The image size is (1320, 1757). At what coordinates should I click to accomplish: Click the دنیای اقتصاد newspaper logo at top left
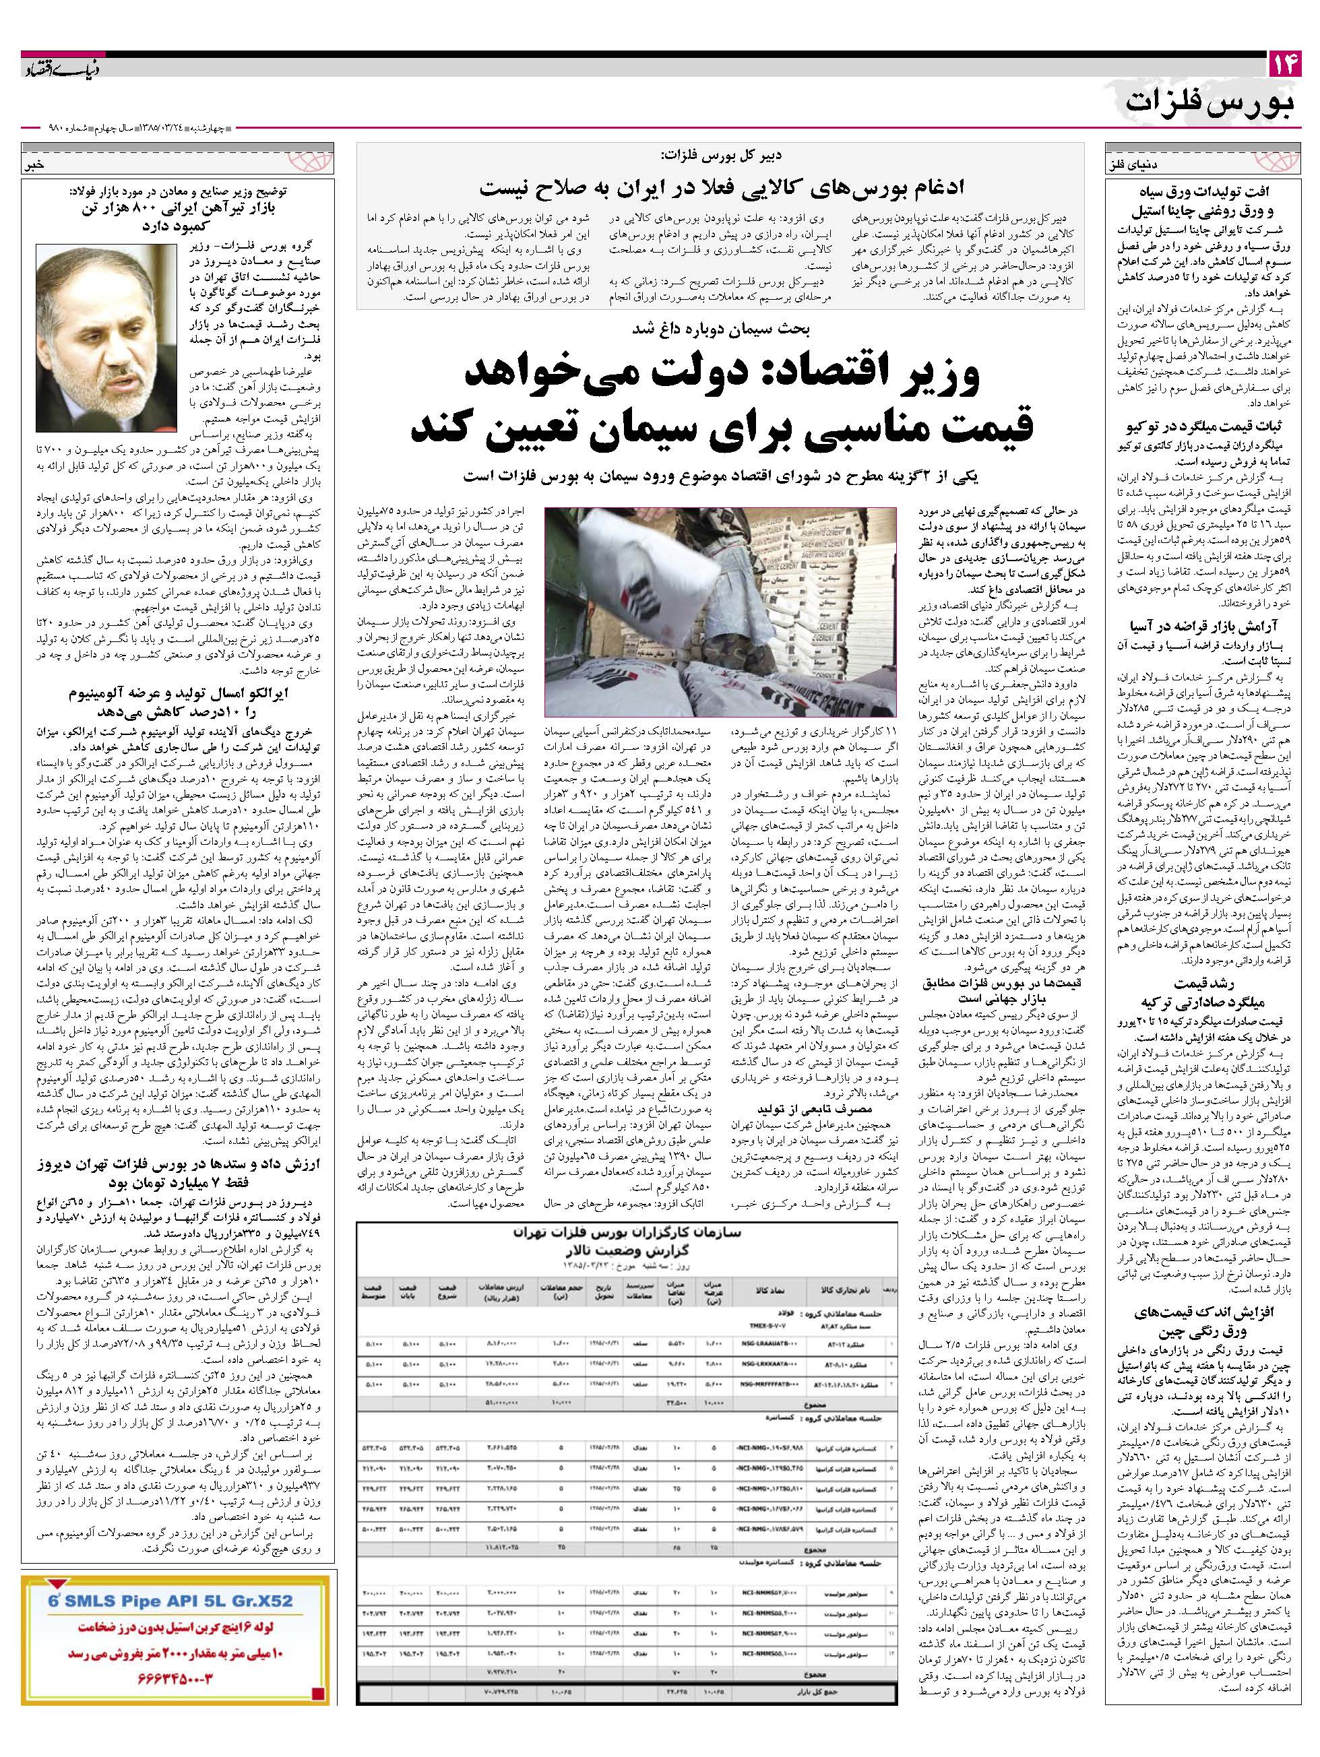point(57,67)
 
